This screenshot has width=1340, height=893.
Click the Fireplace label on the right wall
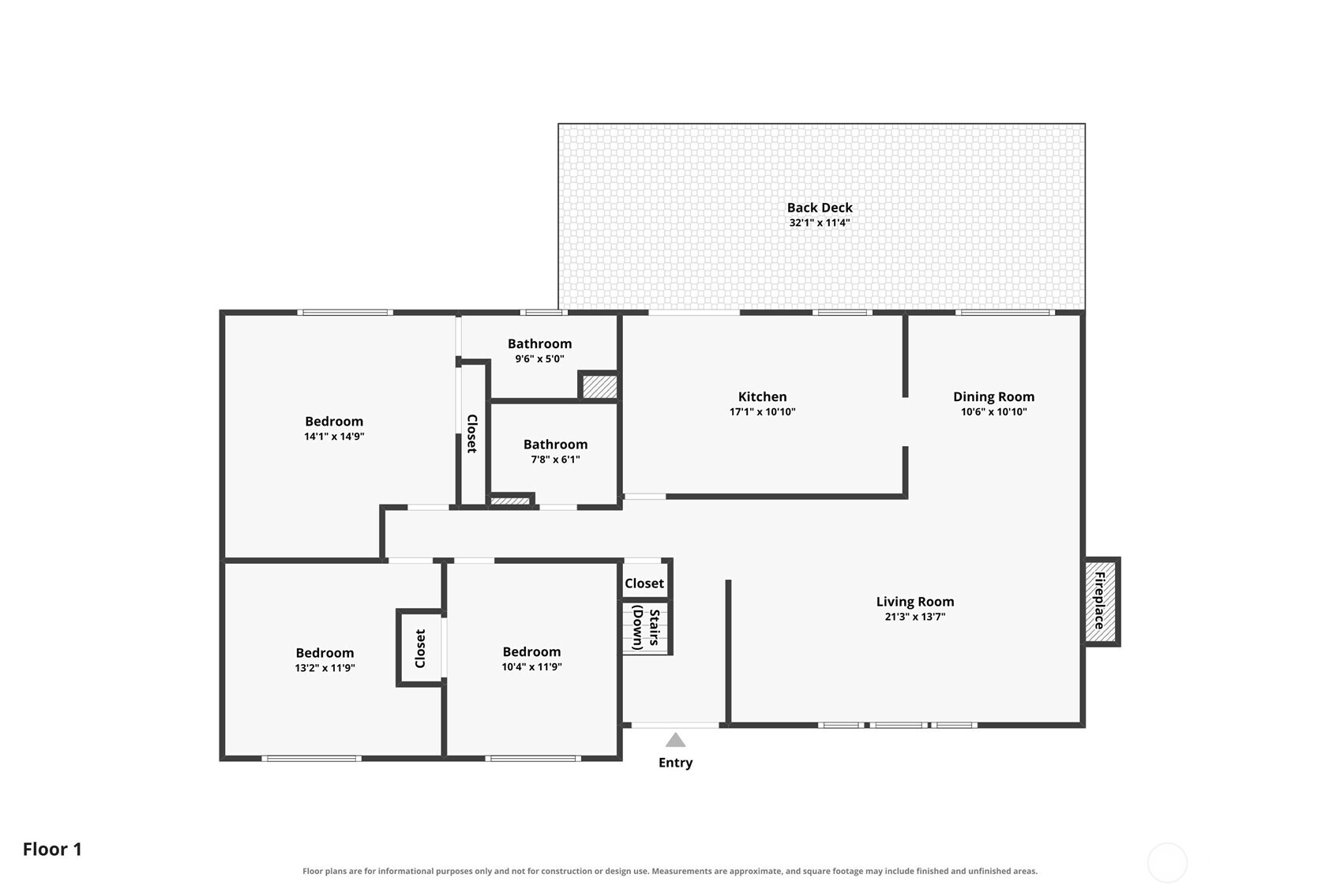[1099, 601]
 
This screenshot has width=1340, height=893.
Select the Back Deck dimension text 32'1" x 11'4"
[820, 223]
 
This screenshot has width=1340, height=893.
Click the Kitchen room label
[762, 396]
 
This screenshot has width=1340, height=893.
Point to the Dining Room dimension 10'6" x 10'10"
[993, 411]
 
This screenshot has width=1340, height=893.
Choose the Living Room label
[915, 602]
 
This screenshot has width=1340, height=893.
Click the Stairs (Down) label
[646, 628]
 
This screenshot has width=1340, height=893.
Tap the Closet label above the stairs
[644, 583]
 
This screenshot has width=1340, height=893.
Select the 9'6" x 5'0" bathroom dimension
[539, 359]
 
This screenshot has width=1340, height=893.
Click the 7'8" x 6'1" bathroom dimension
[555, 460]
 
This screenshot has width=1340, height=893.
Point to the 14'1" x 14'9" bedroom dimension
[334, 436]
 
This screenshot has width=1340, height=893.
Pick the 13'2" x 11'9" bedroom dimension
[325, 667]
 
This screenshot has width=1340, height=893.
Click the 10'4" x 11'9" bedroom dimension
[531, 666]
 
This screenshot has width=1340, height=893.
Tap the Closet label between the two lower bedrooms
[420, 648]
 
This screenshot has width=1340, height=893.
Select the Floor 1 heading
[52, 850]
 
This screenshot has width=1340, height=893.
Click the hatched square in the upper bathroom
[599, 386]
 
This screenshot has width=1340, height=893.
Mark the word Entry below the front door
[675, 763]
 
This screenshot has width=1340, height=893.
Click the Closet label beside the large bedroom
[472, 433]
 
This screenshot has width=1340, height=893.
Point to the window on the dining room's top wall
[1005, 312]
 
